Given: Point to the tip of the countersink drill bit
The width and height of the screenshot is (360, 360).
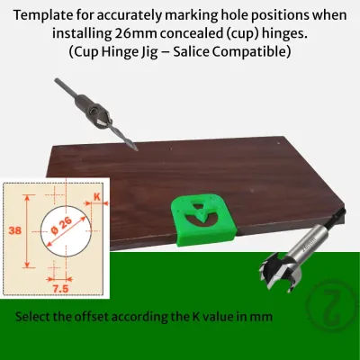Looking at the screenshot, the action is coord(137,149).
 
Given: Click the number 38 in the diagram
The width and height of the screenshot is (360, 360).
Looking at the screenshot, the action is coord(15,230).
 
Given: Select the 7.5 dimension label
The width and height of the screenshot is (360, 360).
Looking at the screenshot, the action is coord(60,289).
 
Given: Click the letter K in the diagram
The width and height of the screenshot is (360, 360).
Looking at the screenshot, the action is coord(97,197).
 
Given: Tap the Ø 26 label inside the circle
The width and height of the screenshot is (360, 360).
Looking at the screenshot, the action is coord(61,226).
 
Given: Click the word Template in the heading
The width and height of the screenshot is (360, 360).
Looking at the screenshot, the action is coord(41,15).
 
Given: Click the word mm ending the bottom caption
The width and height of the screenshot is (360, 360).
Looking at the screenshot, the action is coord(263,317).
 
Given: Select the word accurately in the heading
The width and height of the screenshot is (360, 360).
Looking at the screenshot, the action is coord(129,16).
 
